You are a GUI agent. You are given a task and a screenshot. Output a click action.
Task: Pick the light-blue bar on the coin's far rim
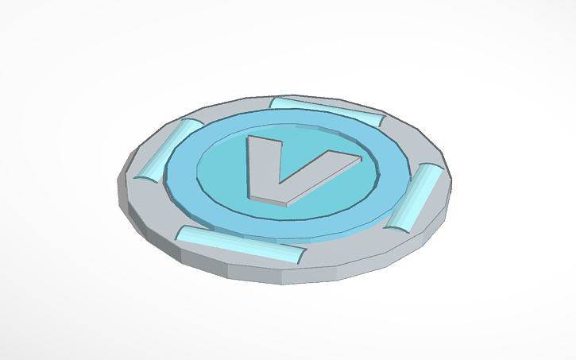click(x=326, y=110)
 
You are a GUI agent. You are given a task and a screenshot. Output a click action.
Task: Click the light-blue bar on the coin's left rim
click(x=166, y=149)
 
